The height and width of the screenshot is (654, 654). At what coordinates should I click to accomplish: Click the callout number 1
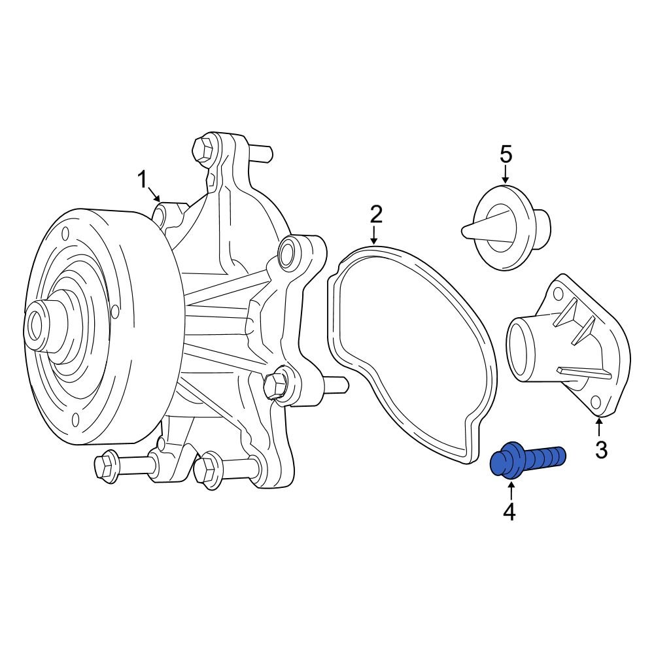[x=143, y=179]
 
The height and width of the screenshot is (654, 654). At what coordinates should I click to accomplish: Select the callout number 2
[x=375, y=214]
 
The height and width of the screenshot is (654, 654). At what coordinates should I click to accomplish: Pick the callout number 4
[x=509, y=512]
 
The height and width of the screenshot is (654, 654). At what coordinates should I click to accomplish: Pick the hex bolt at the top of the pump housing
[x=204, y=148]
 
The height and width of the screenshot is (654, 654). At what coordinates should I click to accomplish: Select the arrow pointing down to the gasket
[x=374, y=235]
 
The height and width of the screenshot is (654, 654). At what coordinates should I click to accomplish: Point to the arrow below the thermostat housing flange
[x=599, y=428]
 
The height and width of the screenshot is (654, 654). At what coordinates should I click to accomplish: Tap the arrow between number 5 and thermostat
[x=505, y=175]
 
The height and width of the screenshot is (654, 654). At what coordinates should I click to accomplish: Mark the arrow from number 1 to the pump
[x=154, y=194]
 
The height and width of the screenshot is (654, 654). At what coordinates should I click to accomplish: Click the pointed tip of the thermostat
[x=465, y=230]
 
